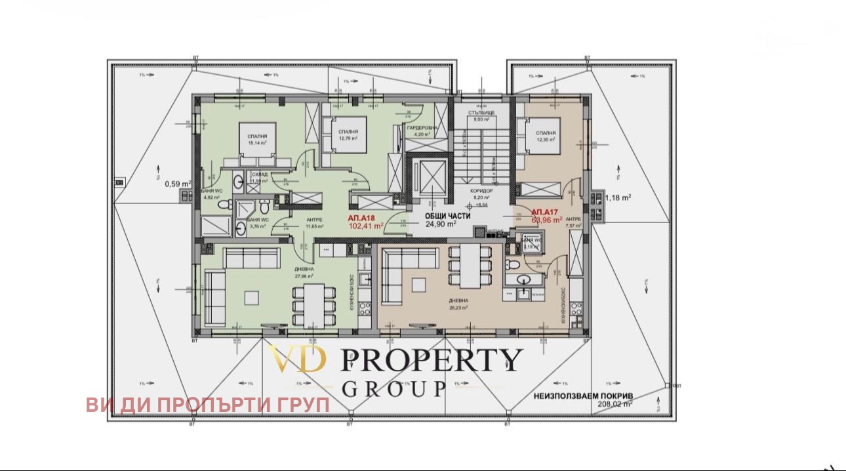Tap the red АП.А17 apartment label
point(544,212)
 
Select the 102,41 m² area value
point(366,227)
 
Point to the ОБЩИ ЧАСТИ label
point(441,215)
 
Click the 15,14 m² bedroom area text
point(257,142)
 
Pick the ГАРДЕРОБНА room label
point(418,129)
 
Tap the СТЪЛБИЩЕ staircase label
point(481,113)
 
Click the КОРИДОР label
point(481,190)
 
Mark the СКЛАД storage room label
point(259,174)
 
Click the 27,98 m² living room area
point(304,276)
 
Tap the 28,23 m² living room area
point(458,307)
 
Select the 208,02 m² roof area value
point(614,405)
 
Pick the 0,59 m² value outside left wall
point(177,184)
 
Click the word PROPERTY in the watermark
point(432,359)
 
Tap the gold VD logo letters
point(296,359)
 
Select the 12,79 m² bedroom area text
point(348,138)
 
